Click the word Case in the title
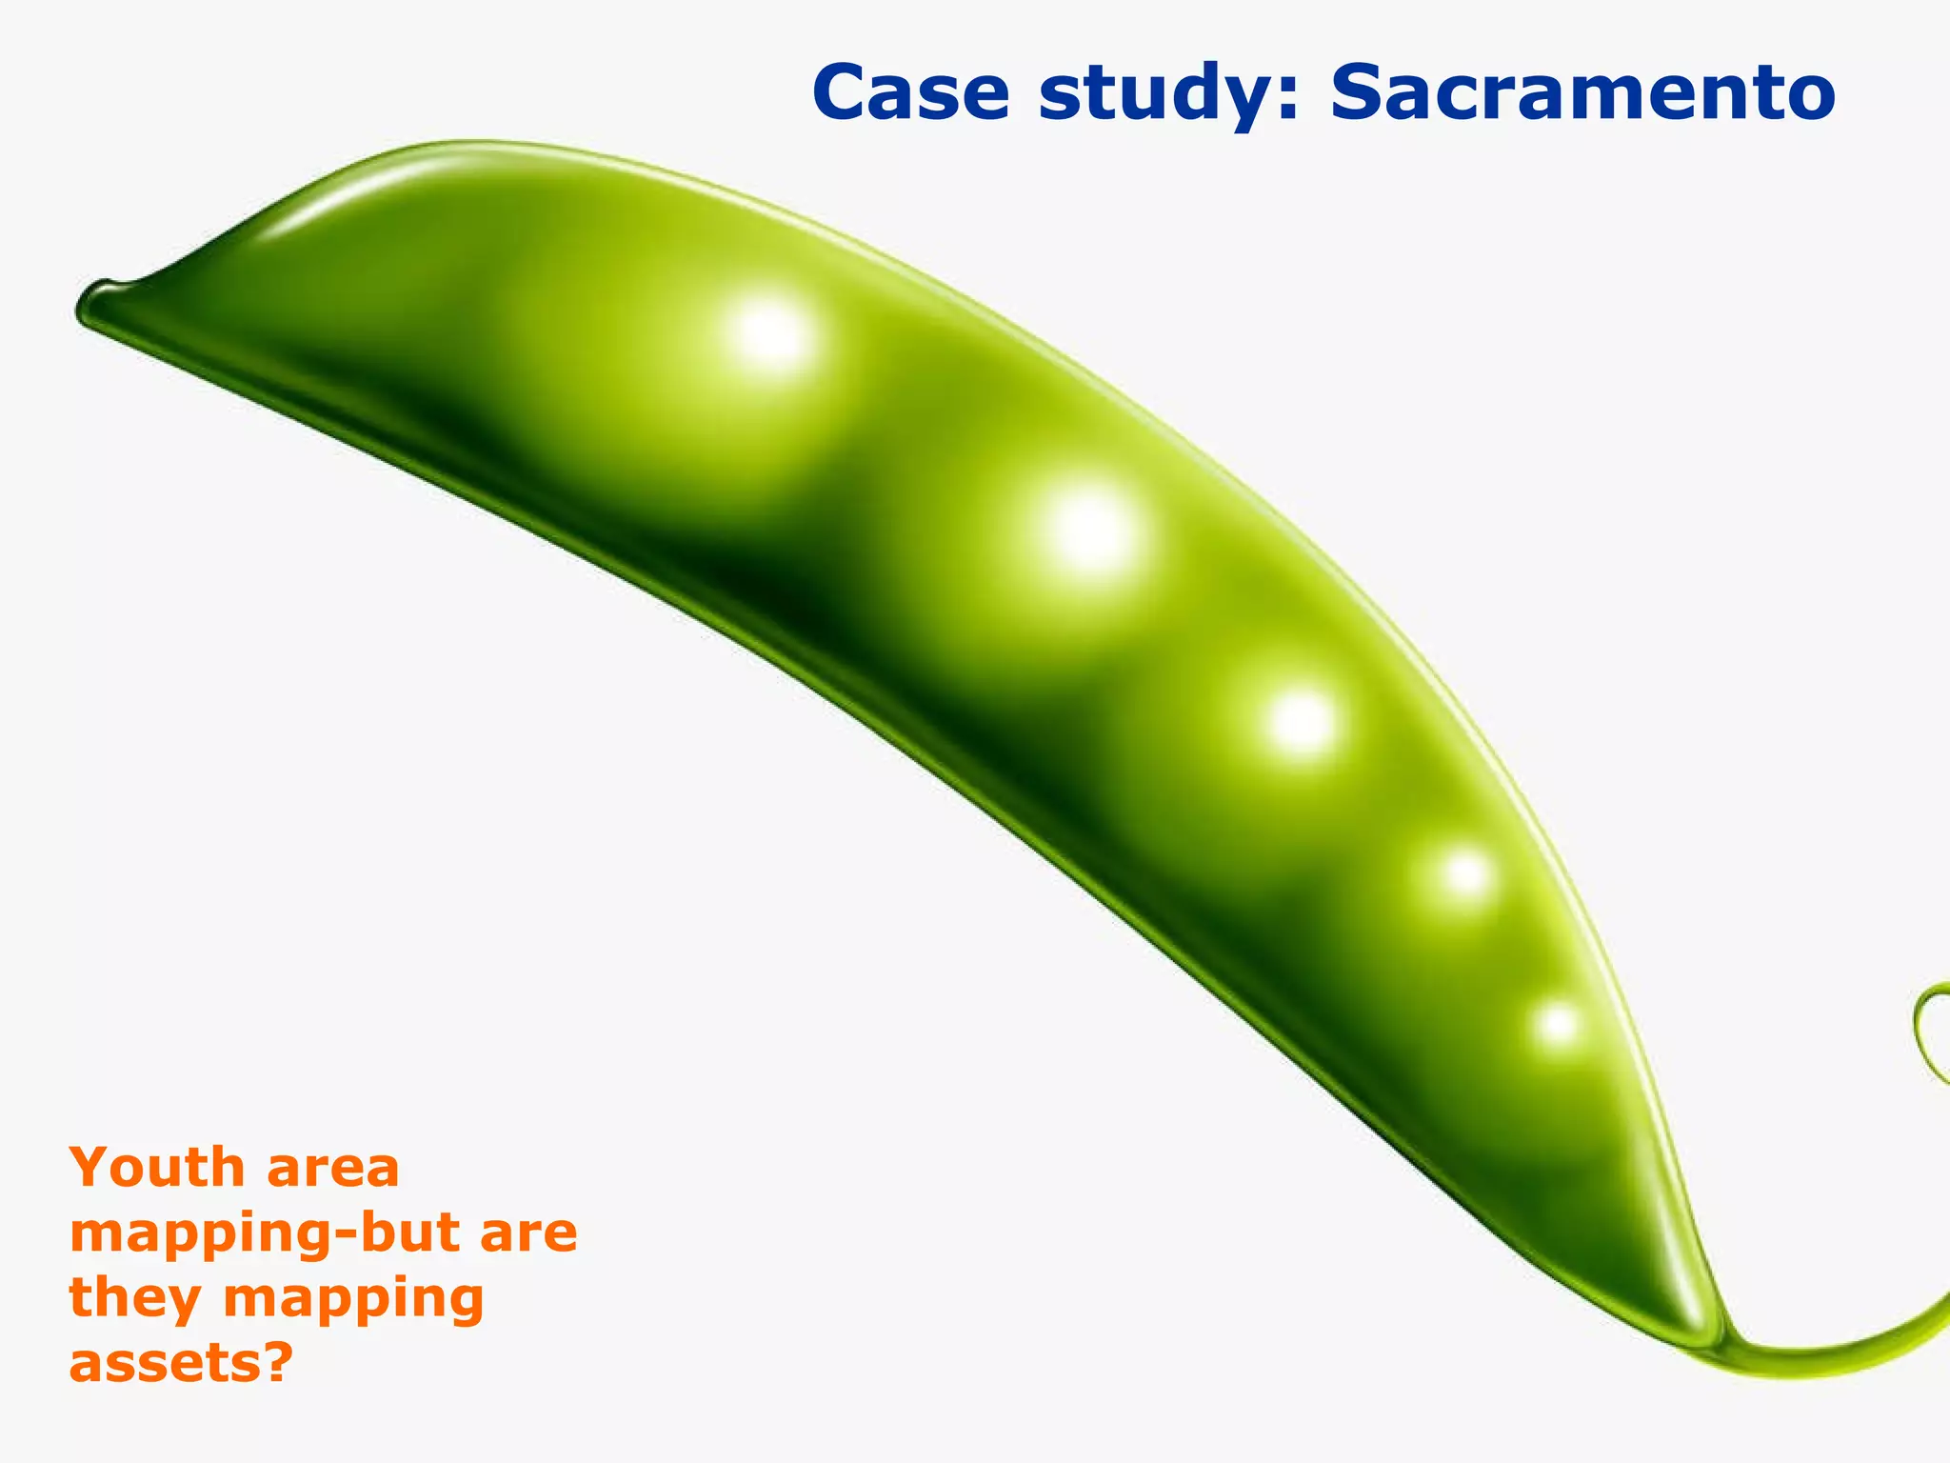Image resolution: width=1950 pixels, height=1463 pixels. (x=910, y=93)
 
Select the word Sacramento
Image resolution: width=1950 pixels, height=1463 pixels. (x=1582, y=93)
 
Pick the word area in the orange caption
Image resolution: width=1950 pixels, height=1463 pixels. (x=333, y=1170)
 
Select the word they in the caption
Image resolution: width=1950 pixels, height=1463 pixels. (x=135, y=1299)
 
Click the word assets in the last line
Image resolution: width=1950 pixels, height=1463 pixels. (x=164, y=1364)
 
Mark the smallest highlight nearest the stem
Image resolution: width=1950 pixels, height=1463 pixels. (x=1558, y=1025)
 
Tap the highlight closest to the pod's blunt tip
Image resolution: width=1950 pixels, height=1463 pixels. (x=769, y=335)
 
